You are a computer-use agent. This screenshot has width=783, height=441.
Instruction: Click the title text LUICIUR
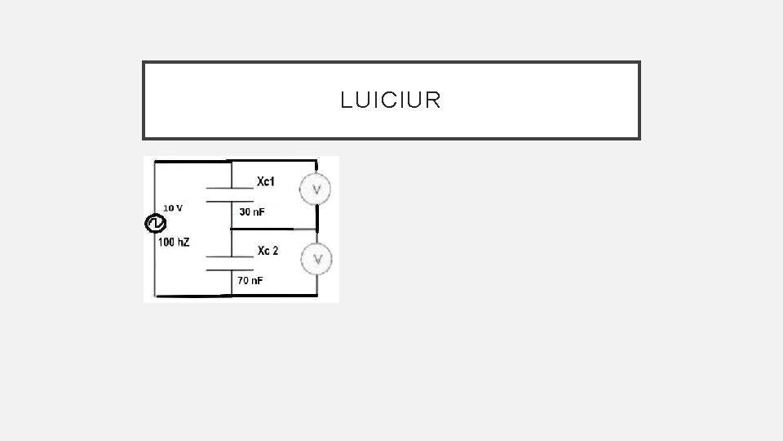pos(391,100)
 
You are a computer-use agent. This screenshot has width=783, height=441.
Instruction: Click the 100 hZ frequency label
pos(174,243)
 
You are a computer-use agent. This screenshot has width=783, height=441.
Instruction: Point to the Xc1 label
pos(266,181)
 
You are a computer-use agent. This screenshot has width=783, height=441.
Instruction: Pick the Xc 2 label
pos(268,251)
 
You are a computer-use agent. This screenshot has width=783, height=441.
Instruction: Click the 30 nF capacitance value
pos(252,212)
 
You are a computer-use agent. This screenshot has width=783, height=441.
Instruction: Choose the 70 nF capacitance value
pos(250,281)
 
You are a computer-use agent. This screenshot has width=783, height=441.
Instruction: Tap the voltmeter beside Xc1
pos(316,190)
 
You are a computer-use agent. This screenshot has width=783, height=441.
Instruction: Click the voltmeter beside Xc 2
pos(316,259)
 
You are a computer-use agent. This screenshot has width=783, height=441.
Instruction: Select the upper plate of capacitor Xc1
pos(232,187)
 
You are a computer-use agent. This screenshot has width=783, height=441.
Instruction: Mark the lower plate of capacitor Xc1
pos(232,200)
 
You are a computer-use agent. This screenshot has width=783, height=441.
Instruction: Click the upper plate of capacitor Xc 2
pos(232,257)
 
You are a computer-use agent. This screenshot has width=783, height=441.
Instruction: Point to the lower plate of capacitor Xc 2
pos(232,269)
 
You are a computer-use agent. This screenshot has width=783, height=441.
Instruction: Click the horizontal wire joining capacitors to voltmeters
pos(274,230)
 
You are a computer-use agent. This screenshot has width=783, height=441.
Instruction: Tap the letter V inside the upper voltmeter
pos(317,190)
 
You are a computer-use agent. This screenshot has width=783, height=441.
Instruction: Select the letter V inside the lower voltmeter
pos(317,259)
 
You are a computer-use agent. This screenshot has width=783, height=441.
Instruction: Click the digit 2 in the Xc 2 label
pos(275,251)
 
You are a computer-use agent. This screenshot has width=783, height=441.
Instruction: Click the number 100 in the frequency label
pos(166,243)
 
